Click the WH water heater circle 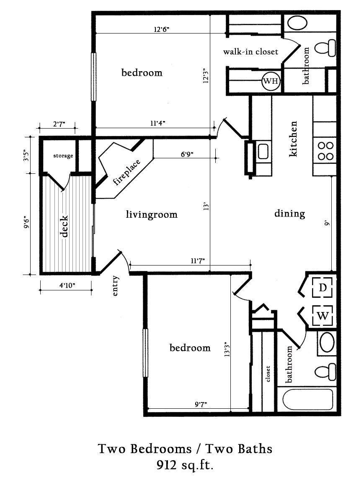click(271, 81)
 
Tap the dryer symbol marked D click(322, 288)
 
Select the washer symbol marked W click(322, 315)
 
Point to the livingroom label click(152, 215)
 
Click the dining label click(289, 214)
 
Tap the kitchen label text click(294, 139)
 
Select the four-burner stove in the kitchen click(325, 151)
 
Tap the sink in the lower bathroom click(327, 343)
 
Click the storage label click(63, 156)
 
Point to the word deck click(65, 227)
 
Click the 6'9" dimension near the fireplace click(187, 154)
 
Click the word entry click(116, 286)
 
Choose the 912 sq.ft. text click(185, 465)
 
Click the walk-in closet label click(250, 52)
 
